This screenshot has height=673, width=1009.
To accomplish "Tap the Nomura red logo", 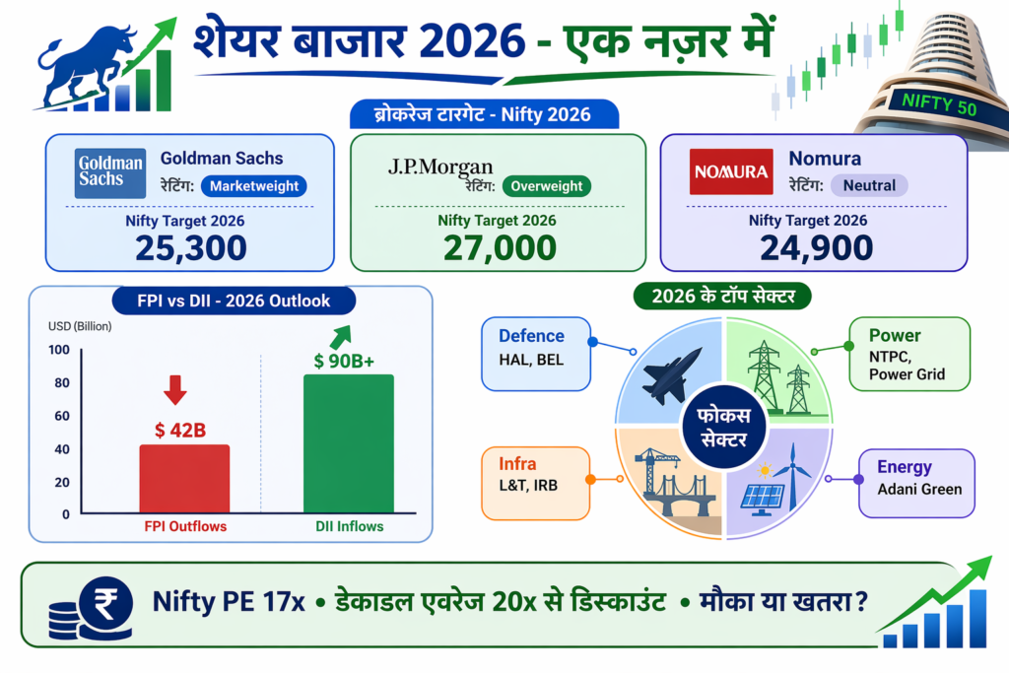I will (730, 171).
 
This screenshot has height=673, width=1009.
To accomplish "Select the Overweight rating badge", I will (547, 185).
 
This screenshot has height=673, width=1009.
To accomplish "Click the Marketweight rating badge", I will (254, 185).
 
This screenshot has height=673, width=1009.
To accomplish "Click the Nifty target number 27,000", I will (499, 247).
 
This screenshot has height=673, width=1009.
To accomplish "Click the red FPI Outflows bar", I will (184, 478).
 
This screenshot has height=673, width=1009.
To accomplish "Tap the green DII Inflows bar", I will (349, 443).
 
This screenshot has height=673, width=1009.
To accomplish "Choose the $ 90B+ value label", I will (344, 362).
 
